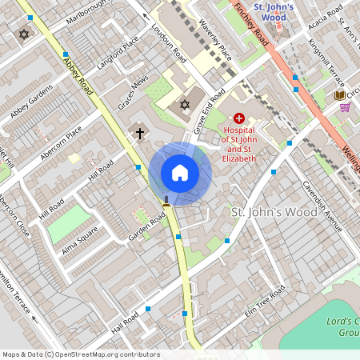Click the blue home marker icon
(180, 173)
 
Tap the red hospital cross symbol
(238, 118)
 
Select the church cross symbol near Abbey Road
(140, 132)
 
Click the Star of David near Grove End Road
(185, 105)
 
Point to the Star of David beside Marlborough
(23, 34)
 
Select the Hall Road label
(126, 324)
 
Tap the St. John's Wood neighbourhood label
(264, 213)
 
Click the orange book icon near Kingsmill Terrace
(341, 95)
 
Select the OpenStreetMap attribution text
(81, 354)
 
